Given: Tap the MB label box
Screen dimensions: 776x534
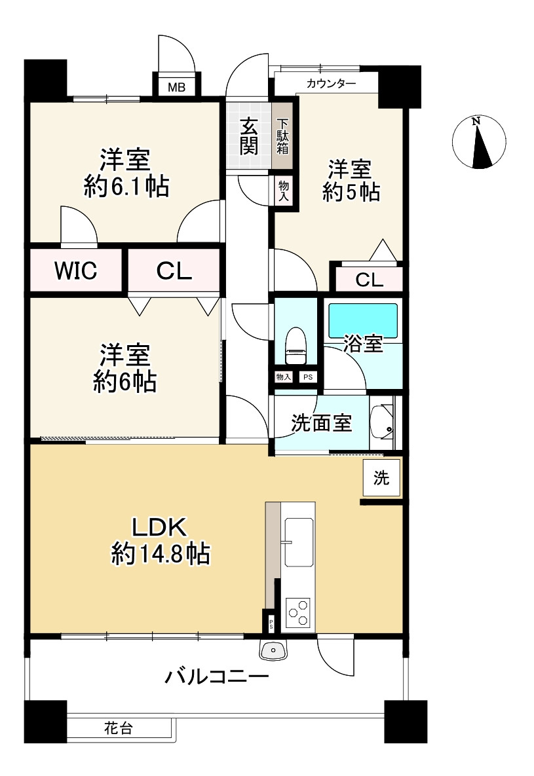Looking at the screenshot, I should pyautogui.click(x=176, y=86).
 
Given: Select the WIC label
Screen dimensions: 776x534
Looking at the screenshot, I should pyautogui.click(x=75, y=270).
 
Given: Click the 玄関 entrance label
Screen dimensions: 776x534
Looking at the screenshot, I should pyautogui.click(x=248, y=136).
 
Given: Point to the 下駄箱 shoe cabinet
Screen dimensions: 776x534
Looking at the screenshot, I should pyautogui.click(x=282, y=136).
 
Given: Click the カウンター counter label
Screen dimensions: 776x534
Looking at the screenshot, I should pyautogui.click(x=331, y=84).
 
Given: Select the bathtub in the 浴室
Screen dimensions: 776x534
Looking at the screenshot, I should pyautogui.click(x=362, y=320).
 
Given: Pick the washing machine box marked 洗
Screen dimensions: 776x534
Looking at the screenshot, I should pyautogui.click(x=381, y=478).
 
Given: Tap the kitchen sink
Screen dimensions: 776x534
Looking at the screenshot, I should pyautogui.click(x=299, y=542).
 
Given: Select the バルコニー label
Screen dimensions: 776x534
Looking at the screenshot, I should pyautogui.click(x=216, y=675).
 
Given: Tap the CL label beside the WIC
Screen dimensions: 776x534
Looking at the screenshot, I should pyautogui.click(x=174, y=270).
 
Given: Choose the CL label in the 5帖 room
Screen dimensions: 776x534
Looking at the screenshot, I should pyautogui.click(x=369, y=280).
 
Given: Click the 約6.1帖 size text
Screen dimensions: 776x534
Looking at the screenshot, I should pyautogui.click(x=126, y=187).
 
